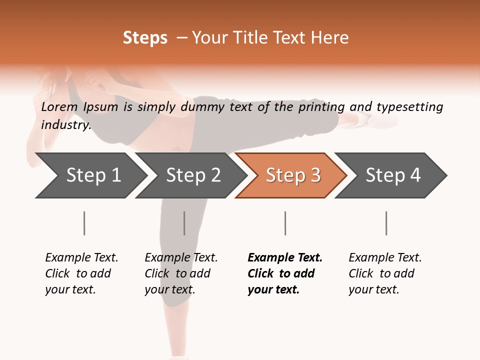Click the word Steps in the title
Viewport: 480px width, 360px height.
(145, 38)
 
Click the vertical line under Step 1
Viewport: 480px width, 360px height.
(84, 223)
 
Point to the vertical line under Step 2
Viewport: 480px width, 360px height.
(184, 223)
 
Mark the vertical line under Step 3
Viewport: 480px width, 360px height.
(285, 223)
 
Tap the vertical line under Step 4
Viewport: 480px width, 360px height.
(386, 223)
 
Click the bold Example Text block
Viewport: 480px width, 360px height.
(284, 273)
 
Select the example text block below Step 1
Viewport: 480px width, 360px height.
(81, 273)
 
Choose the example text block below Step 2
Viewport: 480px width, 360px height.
(181, 273)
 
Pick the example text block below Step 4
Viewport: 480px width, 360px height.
(385, 273)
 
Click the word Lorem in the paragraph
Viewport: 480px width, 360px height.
(59, 107)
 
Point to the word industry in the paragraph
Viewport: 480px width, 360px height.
(65, 125)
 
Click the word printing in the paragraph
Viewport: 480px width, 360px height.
(321, 107)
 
